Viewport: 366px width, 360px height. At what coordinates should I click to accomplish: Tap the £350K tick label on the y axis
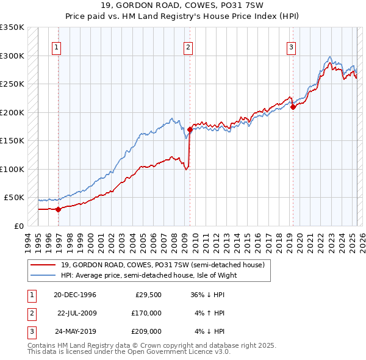(x=12, y=27)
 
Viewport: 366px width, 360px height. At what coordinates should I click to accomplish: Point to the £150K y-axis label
(x=12, y=140)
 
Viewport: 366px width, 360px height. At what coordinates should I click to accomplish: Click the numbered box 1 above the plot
(x=56, y=47)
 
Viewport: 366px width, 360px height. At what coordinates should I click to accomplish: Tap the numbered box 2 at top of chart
(x=188, y=47)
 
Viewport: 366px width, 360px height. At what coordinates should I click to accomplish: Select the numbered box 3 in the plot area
(x=292, y=47)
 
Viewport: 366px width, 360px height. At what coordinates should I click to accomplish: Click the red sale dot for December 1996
(x=59, y=209)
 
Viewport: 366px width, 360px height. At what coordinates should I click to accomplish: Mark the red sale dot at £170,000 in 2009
(x=190, y=129)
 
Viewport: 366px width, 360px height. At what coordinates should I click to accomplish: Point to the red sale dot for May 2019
(x=293, y=107)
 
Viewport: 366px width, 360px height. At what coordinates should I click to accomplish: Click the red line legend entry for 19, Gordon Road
(x=162, y=265)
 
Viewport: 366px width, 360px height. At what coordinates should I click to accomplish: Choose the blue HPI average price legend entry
(x=148, y=275)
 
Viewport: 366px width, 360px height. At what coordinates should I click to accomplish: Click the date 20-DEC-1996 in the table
(x=75, y=295)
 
